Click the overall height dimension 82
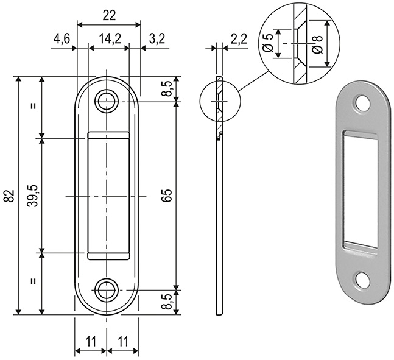[x=9, y=196]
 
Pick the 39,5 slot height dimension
[x=33, y=196]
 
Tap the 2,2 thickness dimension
[x=239, y=40]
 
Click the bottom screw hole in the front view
[x=108, y=289]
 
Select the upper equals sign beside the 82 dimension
[x=33, y=105]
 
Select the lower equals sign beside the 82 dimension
[x=33, y=281]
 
